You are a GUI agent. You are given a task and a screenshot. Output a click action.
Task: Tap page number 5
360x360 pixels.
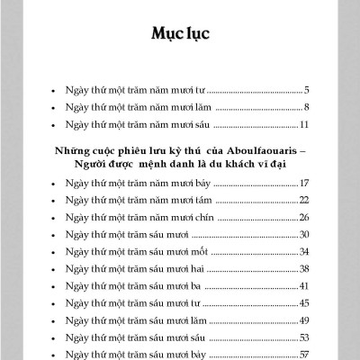tap(307, 91)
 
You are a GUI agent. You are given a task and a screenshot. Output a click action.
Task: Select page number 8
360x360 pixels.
tap(307, 107)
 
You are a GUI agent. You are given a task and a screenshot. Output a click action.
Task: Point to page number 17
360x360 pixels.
tap(305, 184)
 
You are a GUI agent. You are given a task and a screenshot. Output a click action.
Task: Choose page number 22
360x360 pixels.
tap(304, 200)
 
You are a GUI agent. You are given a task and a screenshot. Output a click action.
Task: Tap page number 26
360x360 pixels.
tap(304, 217)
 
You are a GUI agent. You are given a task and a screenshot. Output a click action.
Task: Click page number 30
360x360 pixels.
tap(304, 234)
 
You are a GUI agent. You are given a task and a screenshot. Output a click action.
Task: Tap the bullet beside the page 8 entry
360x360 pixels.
tap(56, 107)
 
